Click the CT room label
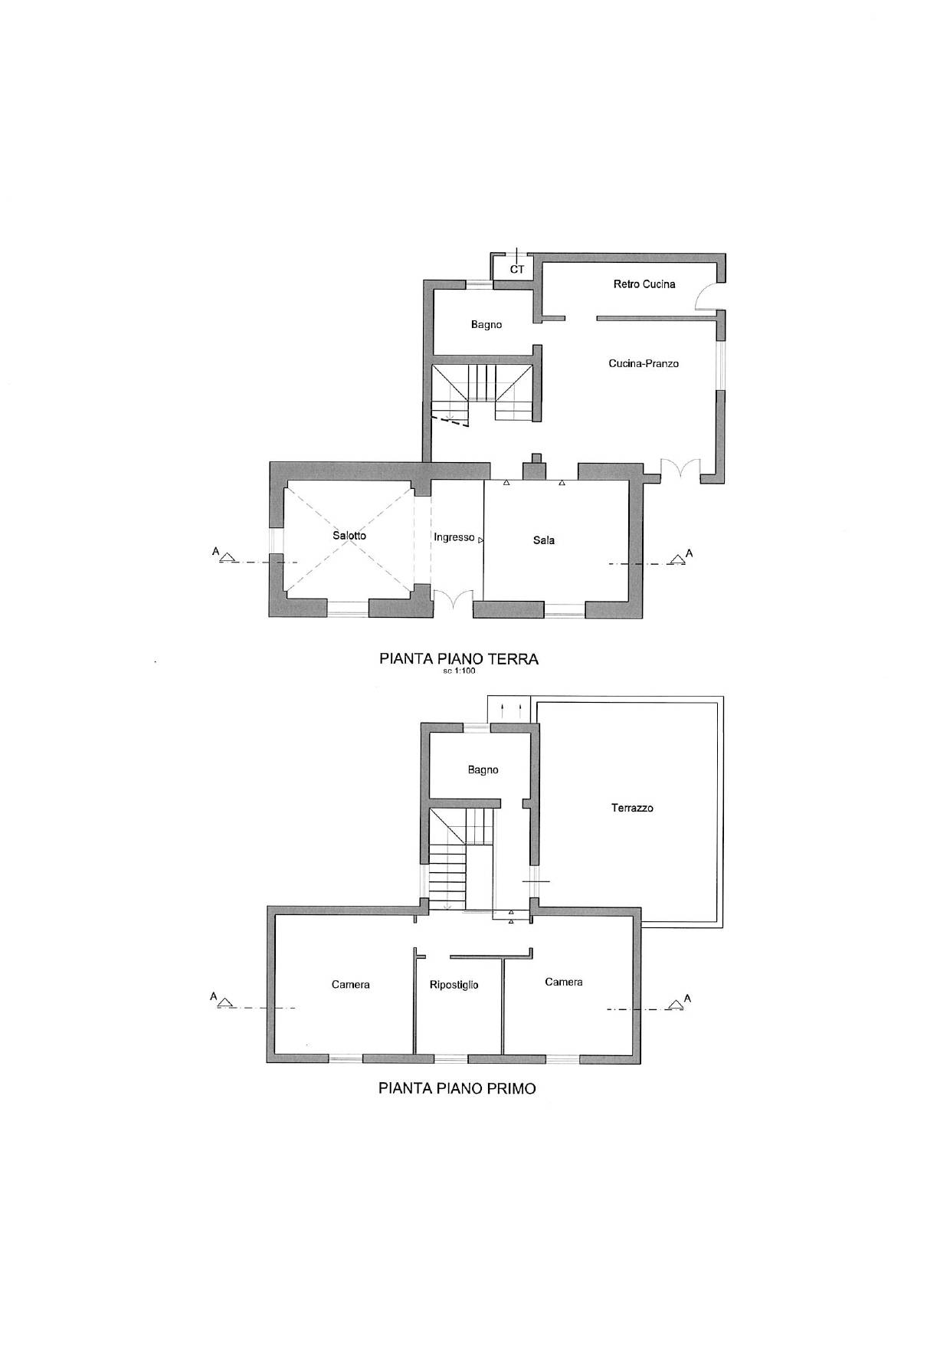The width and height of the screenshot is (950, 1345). tap(517, 269)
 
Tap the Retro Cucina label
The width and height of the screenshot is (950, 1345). tap(644, 284)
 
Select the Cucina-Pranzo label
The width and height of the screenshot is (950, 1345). tap(644, 363)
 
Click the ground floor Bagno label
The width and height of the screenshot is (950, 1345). tap(486, 325)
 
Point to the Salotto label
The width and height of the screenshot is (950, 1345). tap(349, 536)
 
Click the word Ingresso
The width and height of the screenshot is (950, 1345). tap(454, 537)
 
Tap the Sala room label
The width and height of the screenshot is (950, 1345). tap(544, 540)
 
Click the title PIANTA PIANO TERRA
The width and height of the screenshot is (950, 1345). tap(459, 659)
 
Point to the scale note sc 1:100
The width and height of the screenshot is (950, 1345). tap(459, 672)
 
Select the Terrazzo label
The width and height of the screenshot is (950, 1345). tap(632, 808)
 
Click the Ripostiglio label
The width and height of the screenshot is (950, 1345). tap(454, 985)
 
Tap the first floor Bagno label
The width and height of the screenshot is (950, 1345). tap(483, 770)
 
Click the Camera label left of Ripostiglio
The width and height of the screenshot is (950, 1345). tap(351, 985)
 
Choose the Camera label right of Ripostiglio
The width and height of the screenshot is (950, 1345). tap(564, 982)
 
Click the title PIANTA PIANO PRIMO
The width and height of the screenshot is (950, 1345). tap(457, 1088)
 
